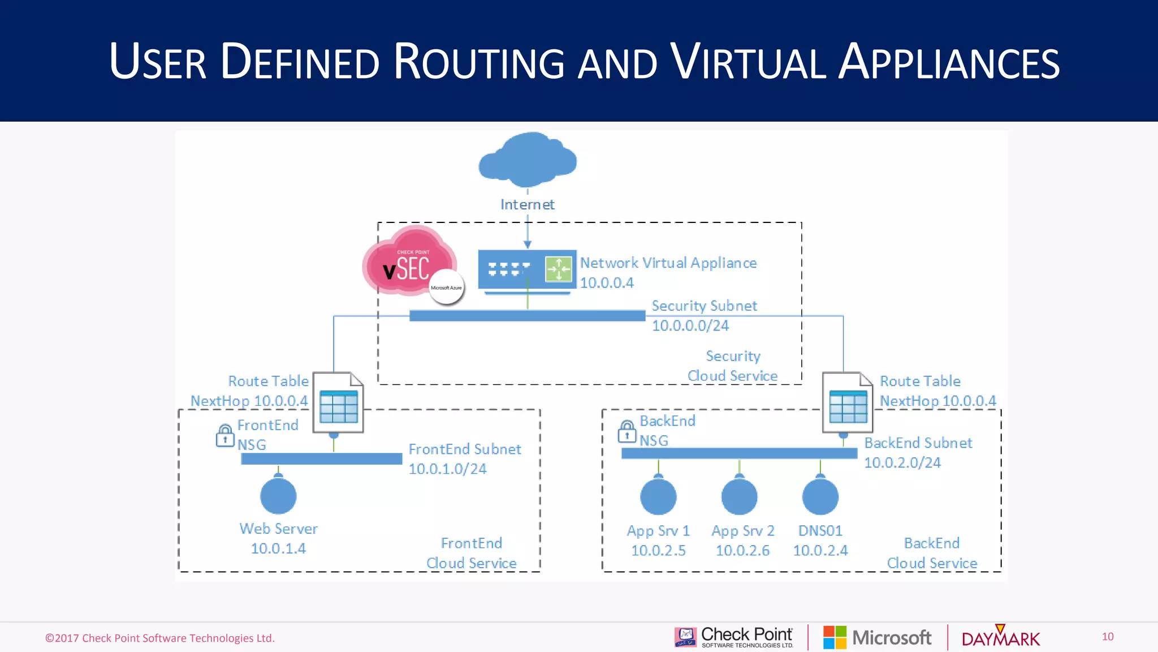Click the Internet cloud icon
528,160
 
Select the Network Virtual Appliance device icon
527,269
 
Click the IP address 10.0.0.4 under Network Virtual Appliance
607,283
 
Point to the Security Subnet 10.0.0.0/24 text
703,316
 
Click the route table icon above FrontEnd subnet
338,403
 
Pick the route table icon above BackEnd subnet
848,403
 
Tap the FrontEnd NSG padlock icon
225,435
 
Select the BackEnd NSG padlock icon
627,431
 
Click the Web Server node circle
278,496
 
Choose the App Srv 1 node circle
658,497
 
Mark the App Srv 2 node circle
739,497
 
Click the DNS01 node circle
820,497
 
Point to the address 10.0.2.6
742,551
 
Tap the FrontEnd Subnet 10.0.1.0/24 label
464,459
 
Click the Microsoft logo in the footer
877,638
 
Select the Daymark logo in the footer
1000,638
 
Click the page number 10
1108,637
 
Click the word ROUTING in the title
478,62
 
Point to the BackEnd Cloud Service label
932,553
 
